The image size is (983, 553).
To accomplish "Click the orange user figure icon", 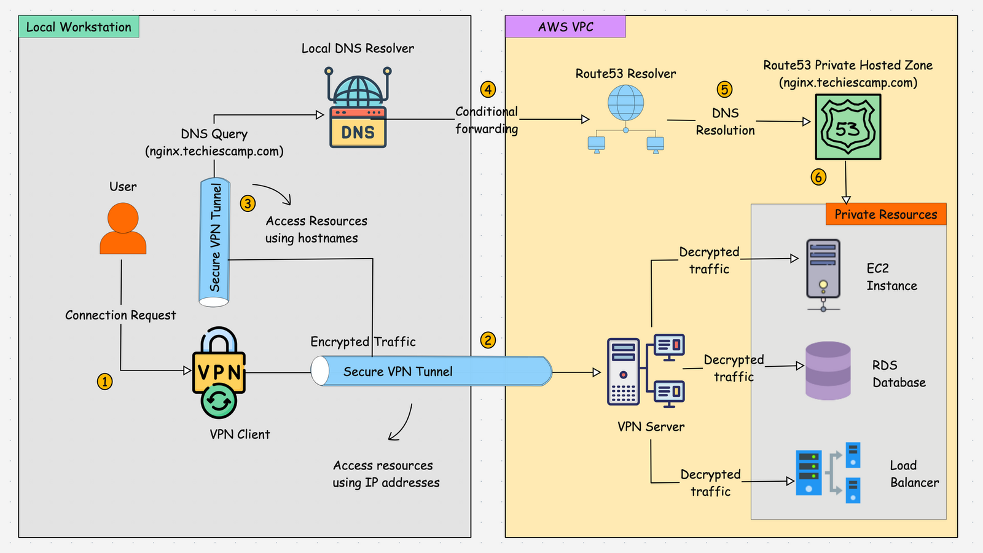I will click(123, 229).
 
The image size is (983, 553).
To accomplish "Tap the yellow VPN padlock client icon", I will click(219, 372).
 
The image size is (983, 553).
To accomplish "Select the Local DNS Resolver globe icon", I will click(358, 108).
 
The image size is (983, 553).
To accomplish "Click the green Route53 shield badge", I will click(848, 127).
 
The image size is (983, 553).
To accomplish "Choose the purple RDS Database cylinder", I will click(828, 371).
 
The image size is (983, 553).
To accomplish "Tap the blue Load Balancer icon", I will click(828, 473).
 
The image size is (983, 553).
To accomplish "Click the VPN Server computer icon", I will click(645, 371).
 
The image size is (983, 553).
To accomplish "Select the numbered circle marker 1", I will click(105, 382).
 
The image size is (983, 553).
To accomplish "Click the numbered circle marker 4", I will click(488, 90).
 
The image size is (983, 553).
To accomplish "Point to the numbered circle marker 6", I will click(818, 178).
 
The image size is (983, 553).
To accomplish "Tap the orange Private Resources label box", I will click(886, 214).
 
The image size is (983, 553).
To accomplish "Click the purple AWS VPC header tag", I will click(565, 27).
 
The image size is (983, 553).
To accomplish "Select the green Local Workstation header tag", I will click(79, 27).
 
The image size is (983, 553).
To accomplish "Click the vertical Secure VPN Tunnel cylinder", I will click(214, 241).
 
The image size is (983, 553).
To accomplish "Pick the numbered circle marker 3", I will click(248, 203).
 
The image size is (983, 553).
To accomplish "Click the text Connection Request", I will click(120, 315).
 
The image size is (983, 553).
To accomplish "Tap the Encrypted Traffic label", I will click(362, 342).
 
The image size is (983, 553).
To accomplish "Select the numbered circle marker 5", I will click(725, 90).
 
